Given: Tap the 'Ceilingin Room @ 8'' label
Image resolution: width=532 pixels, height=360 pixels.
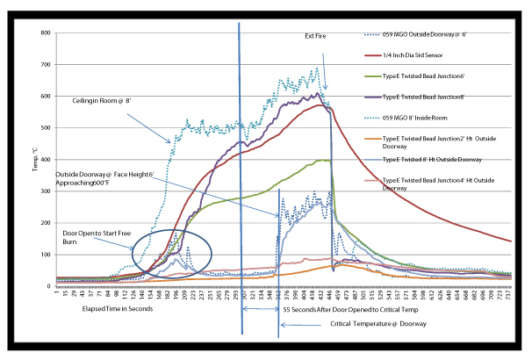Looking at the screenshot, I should click(100, 102).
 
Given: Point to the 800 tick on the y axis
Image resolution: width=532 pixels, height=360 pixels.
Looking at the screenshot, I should click(46, 33).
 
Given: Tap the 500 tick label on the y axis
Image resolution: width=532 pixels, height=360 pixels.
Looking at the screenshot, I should click(46, 128).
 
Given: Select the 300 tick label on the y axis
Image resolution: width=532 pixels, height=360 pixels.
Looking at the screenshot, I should click(46, 191).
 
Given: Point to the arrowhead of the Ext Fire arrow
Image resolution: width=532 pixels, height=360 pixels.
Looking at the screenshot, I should click(327, 89).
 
